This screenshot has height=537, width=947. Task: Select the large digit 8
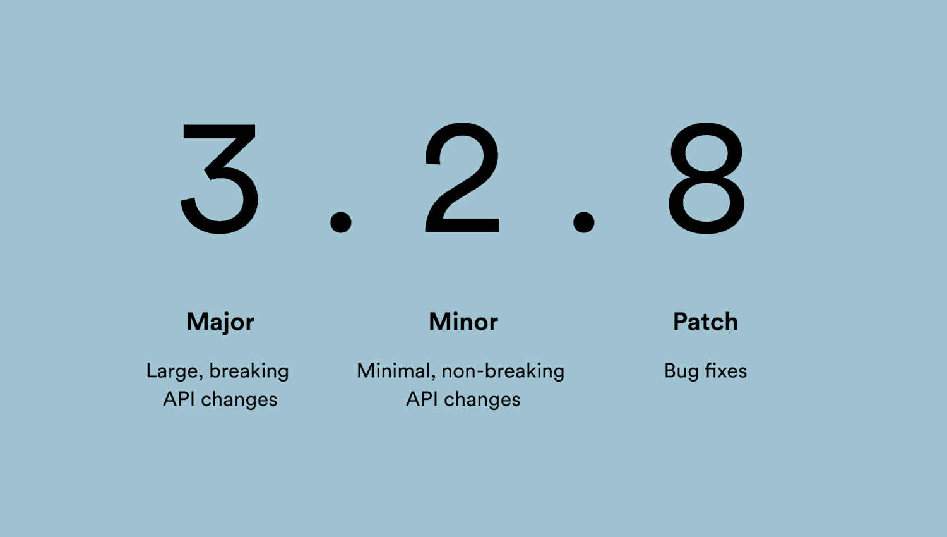706,178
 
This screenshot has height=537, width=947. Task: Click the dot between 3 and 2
341,222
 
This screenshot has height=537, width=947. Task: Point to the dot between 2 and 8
583,222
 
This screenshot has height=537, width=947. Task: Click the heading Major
220,322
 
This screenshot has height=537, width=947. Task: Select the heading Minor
463,322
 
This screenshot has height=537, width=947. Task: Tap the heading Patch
705,322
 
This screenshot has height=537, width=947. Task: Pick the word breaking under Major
249,371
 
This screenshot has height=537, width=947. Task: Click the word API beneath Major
179,399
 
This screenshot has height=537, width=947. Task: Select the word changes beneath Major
239,400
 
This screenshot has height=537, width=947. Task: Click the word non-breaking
503,371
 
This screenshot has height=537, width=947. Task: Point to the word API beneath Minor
422,399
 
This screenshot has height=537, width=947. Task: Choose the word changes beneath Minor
482,400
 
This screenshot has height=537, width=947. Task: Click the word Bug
681,371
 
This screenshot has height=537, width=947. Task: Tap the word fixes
726,371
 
